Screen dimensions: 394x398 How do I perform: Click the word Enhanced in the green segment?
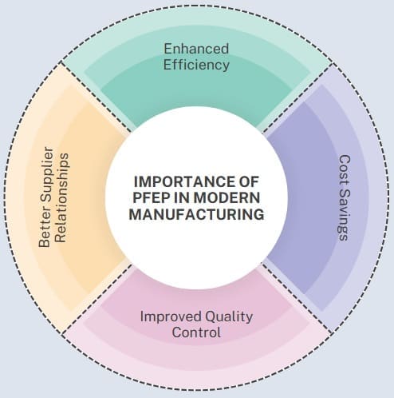(x=196, y=49)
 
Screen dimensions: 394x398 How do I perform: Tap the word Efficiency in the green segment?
(x=196, y=65)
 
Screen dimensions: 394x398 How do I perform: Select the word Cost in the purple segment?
(x=345, y=170)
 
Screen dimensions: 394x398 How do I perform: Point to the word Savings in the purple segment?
(x=345, y=215)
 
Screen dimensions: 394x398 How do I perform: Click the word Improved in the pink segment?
(x=171, y=317)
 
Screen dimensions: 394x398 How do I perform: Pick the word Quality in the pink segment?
(x=229, y=317)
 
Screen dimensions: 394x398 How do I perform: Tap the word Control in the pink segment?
(x=196, y=332)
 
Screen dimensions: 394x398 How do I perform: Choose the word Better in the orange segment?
(x=45, y=230)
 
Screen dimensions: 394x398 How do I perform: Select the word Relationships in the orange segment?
(x=62, y=197)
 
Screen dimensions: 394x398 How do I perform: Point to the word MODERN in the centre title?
(x=227, y=198)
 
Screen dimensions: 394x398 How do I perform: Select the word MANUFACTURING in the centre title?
(x=196, y=214)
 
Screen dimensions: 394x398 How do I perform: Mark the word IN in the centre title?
(x=180, y=198)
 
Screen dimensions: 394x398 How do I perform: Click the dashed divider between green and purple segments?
(x=297, y=98)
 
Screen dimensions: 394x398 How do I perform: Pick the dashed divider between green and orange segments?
(x=97, y=97)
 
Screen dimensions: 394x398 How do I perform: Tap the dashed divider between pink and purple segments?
(x=297, y=298)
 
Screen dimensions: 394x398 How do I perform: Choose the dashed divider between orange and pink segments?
(x=97, y=298)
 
